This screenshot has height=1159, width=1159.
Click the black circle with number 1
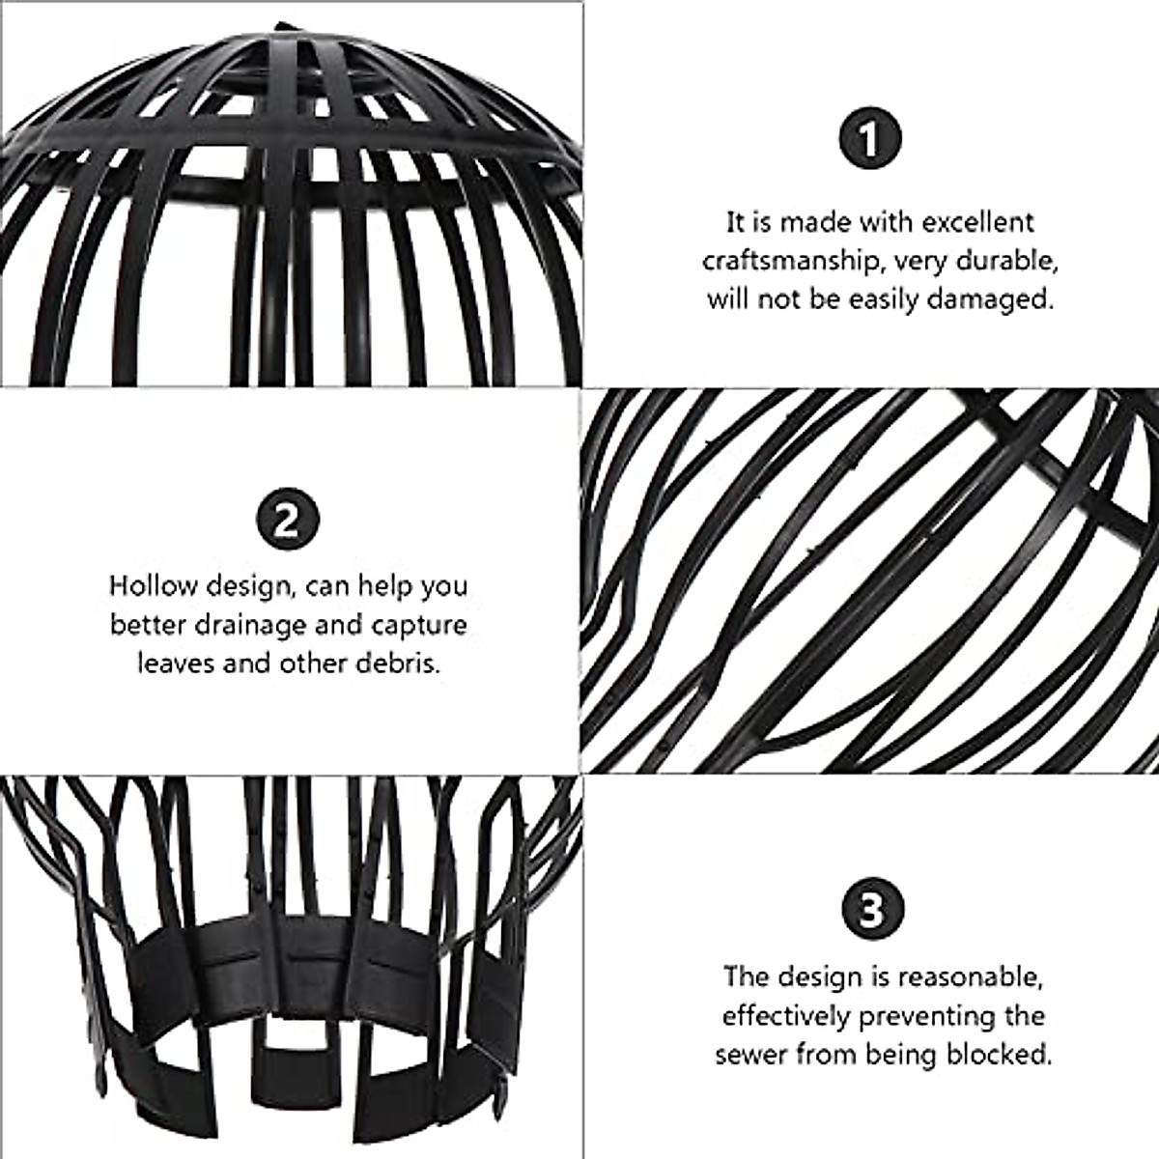point(869,138)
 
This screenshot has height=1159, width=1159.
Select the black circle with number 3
point(870,909)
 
